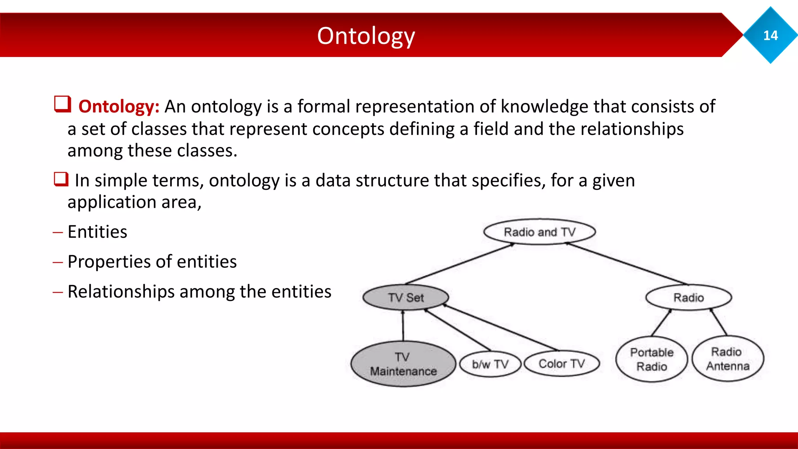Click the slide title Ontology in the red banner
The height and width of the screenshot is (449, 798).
pyautogui.click(x=366, y=36)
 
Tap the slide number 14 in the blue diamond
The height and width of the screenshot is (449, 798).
pyautogui.click(x=770, y=35)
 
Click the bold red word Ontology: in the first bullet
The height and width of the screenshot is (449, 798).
pyautogui.click(x=119, y=106)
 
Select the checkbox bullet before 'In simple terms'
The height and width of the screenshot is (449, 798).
pyautogui.click(x=61, y=179)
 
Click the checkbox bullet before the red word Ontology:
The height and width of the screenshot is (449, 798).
pyautogui.click(x=62, y=104)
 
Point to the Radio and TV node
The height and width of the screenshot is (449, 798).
pyautogui.click(x=539, y=232)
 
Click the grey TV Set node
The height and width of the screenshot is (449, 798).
pyautogui.click(x=406, y=298)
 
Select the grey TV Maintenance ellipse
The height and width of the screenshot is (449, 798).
pyautogui.click(x=403, y=364)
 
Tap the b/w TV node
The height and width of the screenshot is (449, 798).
pyautogui.click(x=490, y=364)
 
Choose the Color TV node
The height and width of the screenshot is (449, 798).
pyautogui.click(x=561, y=364)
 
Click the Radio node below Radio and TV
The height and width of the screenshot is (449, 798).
pyautogui.click(x=689, y=298)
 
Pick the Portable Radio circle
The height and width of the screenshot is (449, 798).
pyautogui.click(x=651, y=359)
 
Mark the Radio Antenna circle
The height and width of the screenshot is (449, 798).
pyautogui.click(x=727, y=359)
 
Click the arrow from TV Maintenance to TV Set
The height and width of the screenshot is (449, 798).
pyautogui.click(x=403, y=326)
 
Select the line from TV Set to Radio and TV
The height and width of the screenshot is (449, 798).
pyautogui.click(x=460, y=264)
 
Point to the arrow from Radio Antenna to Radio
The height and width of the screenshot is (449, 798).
pyautogui.click(x=719, y=322)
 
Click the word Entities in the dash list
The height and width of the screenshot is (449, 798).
pyautogui.click(x=97, y=232)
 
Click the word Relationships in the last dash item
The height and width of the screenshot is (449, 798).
pyautogui.click(x=121, y=292)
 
